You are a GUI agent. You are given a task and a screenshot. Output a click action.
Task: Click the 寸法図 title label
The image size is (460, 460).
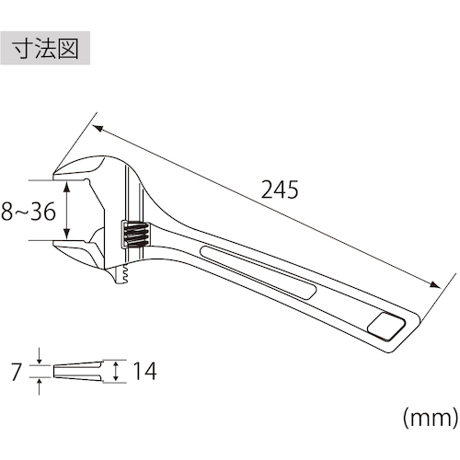point(45,48)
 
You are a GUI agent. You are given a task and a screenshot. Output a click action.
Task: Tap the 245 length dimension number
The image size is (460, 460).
point(280,190)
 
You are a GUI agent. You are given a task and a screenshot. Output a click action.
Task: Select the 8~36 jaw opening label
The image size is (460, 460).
point(29,212)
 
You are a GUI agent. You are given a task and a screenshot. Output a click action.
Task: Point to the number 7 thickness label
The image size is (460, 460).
point(17,372)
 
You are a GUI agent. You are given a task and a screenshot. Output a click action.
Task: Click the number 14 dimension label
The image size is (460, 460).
point(144,371)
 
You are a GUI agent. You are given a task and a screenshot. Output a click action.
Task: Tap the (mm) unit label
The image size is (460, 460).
point(431,418)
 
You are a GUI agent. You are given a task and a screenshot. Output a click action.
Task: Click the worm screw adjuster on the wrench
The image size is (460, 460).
point(135,234)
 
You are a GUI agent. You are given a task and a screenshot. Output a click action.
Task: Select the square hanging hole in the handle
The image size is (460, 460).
point(386,327)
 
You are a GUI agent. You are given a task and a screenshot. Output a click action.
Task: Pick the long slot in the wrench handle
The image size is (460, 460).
point(259,272)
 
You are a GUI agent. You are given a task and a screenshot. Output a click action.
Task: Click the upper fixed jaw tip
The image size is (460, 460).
point(54,176)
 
